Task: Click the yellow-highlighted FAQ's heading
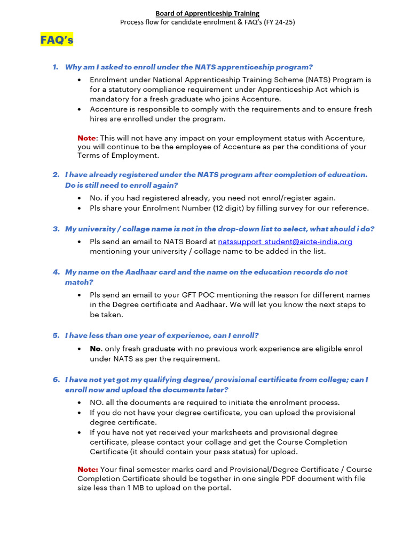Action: pyautogui.click(x=57, y=40)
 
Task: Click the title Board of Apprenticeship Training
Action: pyautogui.click(x=207, y=13)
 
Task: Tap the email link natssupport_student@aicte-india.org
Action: pyautogui.click(x=285, y=242)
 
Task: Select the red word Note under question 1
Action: pyautogui.click(x=88, y=138)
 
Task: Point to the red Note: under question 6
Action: pyautogui.click(x=88, y=469)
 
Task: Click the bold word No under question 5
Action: pyautogui.click(x=95, y=349)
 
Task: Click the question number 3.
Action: pyautogui.click(x=56, y=229)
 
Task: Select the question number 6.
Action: pyautogui.click(x=56, y=380)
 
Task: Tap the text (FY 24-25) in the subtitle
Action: pyautogui.click(x=277, y=22)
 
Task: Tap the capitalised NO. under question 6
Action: pyautogui.click(x=97, y=403)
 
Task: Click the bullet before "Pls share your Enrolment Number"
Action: pyautogui.click(x=80, y=208)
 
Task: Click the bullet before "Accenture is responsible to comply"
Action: pyautogui.click(x=80, y=109)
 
